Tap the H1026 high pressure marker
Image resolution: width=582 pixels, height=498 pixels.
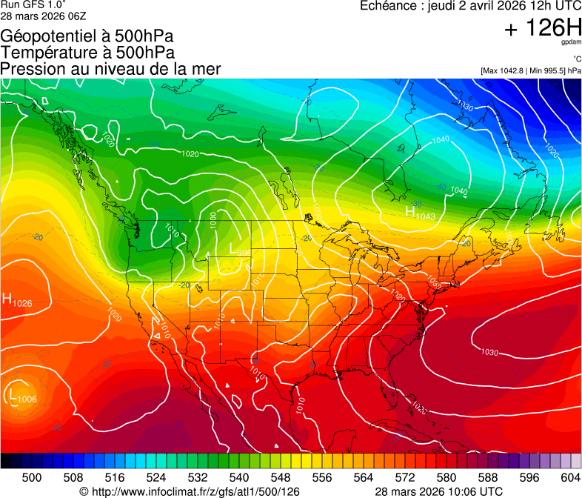point(17,300)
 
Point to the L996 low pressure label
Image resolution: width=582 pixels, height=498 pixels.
point(239,250)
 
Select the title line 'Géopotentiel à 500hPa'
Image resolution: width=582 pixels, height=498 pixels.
point(87,36)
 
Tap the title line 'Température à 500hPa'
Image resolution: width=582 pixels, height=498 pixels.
point(87,52)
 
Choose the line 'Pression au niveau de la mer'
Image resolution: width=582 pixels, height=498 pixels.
point(110,69)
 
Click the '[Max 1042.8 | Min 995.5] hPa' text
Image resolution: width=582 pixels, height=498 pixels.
point(530,70)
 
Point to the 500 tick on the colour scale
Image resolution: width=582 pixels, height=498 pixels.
point(32,477)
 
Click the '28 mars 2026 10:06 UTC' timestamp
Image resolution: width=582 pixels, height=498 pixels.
point(439,491)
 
